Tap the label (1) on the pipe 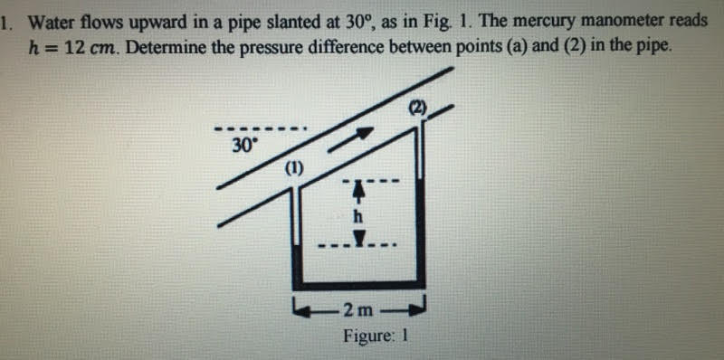295,168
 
